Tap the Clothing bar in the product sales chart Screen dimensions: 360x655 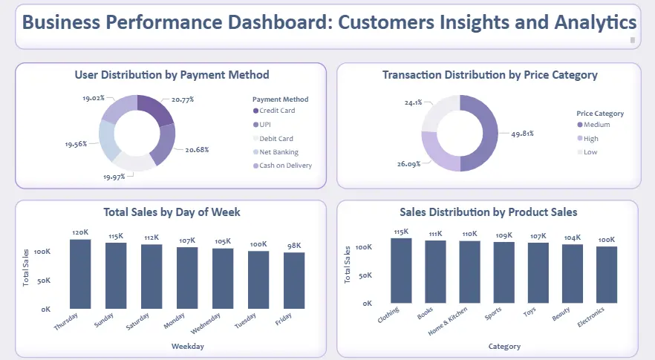[401, 270]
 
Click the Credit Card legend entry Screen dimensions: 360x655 [276, 111]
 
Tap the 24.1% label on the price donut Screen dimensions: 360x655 [413, 102]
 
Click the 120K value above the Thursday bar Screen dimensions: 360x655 [80, 232]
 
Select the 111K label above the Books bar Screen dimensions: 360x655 [435, 234]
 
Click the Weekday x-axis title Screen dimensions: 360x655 [187, 346]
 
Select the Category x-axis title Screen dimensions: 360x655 [504, 346]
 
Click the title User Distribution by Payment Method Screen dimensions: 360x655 [172, 75]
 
